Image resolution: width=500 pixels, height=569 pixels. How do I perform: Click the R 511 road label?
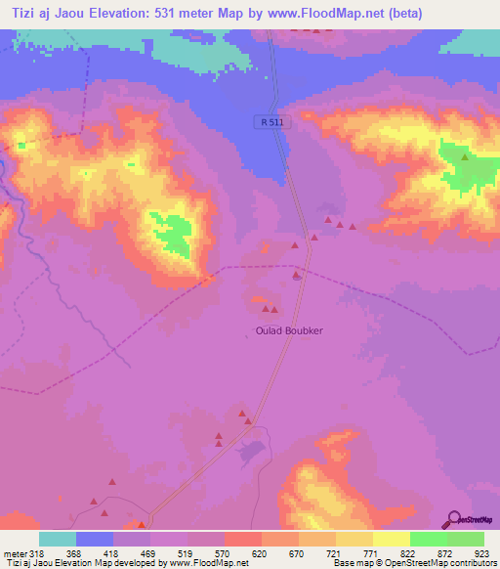click(273, 121)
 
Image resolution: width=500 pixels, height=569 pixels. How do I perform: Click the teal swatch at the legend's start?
click(58, 539)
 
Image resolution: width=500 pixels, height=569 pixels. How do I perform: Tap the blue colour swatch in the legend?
click(95, 539)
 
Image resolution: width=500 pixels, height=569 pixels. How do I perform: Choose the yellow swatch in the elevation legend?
click(391, 539)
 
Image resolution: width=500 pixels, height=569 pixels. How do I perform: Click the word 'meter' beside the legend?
click(15, 552)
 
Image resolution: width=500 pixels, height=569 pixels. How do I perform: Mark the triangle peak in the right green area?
click(465, 157)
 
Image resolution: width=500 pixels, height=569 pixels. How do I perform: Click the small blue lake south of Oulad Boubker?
click(250, 451)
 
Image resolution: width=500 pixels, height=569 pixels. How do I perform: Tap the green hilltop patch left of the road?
click(175, 235)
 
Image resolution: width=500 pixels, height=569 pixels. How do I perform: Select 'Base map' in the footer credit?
click(351, 563)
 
